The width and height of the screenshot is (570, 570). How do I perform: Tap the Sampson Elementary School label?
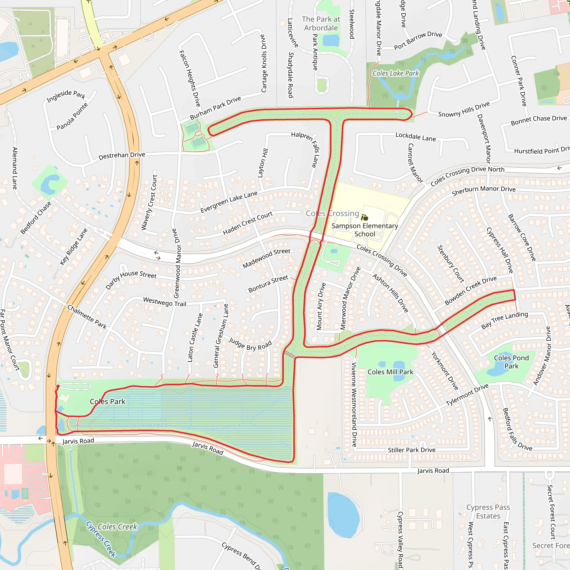(x=365, y=230)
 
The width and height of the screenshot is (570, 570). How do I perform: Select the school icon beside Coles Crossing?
(x=365, y=218)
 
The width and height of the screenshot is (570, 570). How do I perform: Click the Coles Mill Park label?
(x=390, y=372)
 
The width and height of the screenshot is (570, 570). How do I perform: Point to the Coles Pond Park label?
(x=511, y=362)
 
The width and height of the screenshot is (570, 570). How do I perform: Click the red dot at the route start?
(x=58, y=386)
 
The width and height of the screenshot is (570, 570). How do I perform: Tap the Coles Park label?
(x=107, y=402)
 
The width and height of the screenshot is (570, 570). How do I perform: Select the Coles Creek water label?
(x=117, y=527)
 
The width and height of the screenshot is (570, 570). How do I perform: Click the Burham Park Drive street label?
(x=215, y=108)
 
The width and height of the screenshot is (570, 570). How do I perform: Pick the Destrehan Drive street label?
(x=122, y=156)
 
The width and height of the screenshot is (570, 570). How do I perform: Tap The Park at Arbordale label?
(x=321, y=24)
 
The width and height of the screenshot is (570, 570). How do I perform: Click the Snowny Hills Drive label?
(x=464, y=109)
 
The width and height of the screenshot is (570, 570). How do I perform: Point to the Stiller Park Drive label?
(x=412, y=450)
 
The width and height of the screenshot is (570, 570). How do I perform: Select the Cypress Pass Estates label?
(x=488, y=512)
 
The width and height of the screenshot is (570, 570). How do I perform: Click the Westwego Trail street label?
(x=165, y=302)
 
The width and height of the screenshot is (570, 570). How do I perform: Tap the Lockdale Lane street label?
(x=416, y=137)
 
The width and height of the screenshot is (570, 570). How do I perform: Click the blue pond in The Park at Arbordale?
(x=331, y=40)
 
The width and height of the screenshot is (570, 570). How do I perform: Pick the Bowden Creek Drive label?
(x=471, y=290)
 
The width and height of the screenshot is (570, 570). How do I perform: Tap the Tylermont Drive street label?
(x=467, y=395)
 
